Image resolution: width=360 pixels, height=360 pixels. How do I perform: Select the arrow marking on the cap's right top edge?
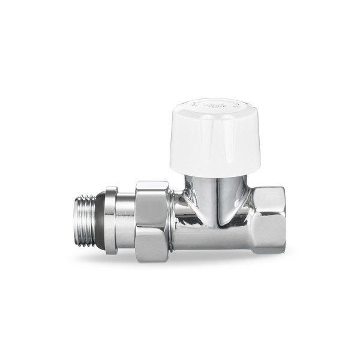pos(236,107)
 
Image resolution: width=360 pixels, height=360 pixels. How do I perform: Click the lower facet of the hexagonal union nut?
pos(151,243)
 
